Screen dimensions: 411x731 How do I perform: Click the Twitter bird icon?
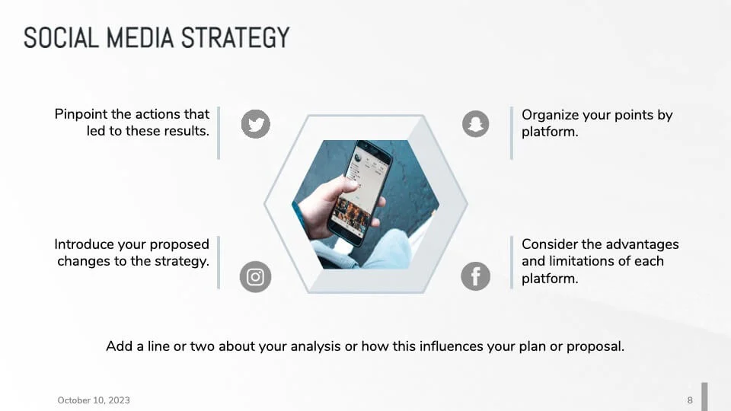click(256, 123)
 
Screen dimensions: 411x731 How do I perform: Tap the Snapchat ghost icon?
click(476, 123)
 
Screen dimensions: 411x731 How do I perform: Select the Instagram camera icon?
click(255, 277)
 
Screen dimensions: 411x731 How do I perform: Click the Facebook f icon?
click(476, 276)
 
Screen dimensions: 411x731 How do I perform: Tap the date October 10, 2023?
click(94, 400)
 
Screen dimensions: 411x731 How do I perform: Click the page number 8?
click(690, 400)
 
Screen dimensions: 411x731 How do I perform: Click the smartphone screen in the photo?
click(358, 186)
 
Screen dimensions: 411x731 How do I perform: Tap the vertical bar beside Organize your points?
click(512, 132)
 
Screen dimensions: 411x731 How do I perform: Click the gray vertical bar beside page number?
click(704, 397)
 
